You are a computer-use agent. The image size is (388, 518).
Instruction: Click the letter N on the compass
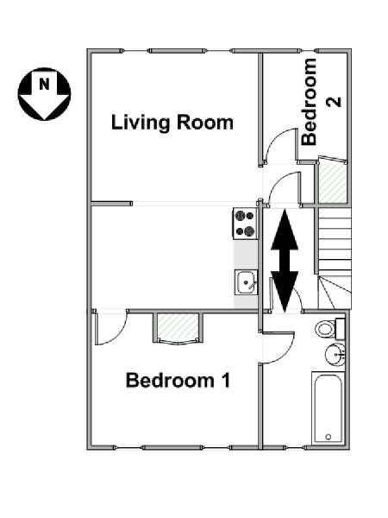pos(44,85)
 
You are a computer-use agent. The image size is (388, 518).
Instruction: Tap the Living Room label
pos(172,123)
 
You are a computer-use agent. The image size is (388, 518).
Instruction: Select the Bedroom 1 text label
pos(178,380)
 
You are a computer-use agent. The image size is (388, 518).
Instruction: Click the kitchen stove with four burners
pos(245,223)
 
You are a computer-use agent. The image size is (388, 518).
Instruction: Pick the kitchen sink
pos(246,282)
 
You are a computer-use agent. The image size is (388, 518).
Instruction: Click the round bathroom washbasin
pos(335,355)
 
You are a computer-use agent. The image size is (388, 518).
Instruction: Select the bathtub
pos(328,408)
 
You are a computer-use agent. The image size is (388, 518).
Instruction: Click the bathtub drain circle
pos(328,437)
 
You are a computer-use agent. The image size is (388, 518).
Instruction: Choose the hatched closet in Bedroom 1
pos(178,327)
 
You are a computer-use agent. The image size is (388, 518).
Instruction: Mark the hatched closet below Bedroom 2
pos(333,183)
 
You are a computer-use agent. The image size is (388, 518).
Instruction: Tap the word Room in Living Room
pos(205,123)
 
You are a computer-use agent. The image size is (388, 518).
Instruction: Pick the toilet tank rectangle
pos(341,329)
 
